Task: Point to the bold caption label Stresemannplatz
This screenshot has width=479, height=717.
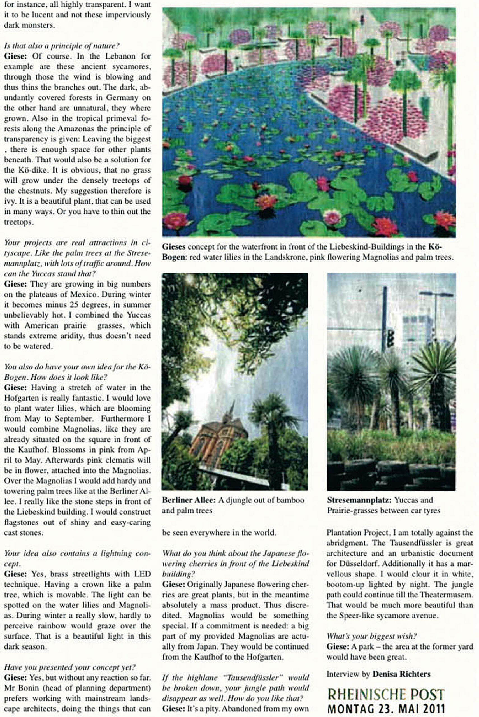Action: tap(359, 500)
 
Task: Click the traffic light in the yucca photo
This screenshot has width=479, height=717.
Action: tap(390, 338)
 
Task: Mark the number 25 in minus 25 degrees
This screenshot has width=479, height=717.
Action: tap(73, 305)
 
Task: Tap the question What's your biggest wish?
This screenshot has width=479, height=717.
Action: tap(371, 636)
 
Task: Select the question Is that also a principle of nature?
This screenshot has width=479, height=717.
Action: tap(61, 46)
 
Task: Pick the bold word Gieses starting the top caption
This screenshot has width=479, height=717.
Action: tap(173, 247)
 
